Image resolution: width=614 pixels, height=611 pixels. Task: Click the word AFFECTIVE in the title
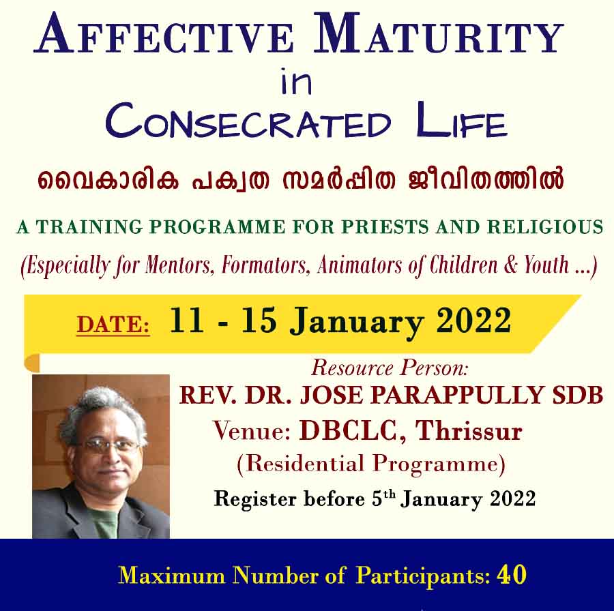pyautogui.click(x=163, y=34)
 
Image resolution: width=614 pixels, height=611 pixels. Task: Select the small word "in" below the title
pyautogui.click(x=297, y=81)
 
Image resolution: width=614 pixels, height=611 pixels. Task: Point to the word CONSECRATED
pyautogui.click(x=248, y=121)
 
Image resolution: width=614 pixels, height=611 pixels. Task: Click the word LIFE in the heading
pyautogui.click(x=462, y=119)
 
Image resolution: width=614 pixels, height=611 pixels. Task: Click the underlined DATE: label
pyautogui.click(x=113, y=325)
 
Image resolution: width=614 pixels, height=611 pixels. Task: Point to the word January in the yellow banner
pyautogui.click(x=356, y=323)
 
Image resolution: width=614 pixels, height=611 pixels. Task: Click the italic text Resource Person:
pyautogui.click(x=390, y=368)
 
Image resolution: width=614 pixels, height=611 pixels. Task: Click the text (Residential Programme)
pyautogui.click(x=371, y=464)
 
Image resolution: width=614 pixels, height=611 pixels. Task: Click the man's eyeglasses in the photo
pyautogui.click(x=111, y=445)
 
